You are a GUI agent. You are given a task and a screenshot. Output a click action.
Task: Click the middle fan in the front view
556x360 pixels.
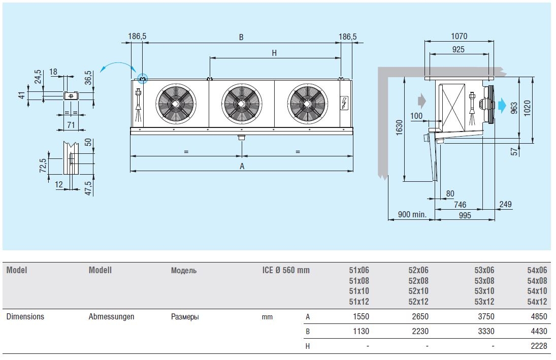pyautogui.click(x=242, y=103)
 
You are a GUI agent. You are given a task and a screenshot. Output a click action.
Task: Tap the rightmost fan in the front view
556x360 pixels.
pyautogui.click(x=307, y=103)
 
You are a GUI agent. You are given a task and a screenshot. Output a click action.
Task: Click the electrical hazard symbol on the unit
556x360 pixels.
pyautogui.click(x=345, y=103)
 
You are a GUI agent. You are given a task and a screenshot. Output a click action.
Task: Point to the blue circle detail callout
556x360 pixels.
pyautogui.click(x=143, y=79)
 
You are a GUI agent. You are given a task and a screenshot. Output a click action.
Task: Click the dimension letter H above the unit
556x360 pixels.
pyautogui.click(x=274, y=52)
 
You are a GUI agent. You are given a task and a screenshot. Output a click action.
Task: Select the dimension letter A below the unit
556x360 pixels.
pyautogui.click(x=242, y=166)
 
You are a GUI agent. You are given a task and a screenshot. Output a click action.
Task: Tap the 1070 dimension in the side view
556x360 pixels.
pyautogui.click(x=459, y=37)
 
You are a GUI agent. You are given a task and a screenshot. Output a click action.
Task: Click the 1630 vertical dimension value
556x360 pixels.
pyautogui.click(x=399, y=128)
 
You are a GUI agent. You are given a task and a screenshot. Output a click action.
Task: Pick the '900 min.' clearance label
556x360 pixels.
pyautogui.click(x=412, y=215)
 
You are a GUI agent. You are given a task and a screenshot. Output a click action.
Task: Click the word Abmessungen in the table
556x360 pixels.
pyautogui.click(x=111, y=316)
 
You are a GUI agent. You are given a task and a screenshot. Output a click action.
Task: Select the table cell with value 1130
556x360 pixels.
pyautogui.click(x=359, y=331)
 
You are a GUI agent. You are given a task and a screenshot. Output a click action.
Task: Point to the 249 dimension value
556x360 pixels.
pyautogui.click(x=506, y=204)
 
